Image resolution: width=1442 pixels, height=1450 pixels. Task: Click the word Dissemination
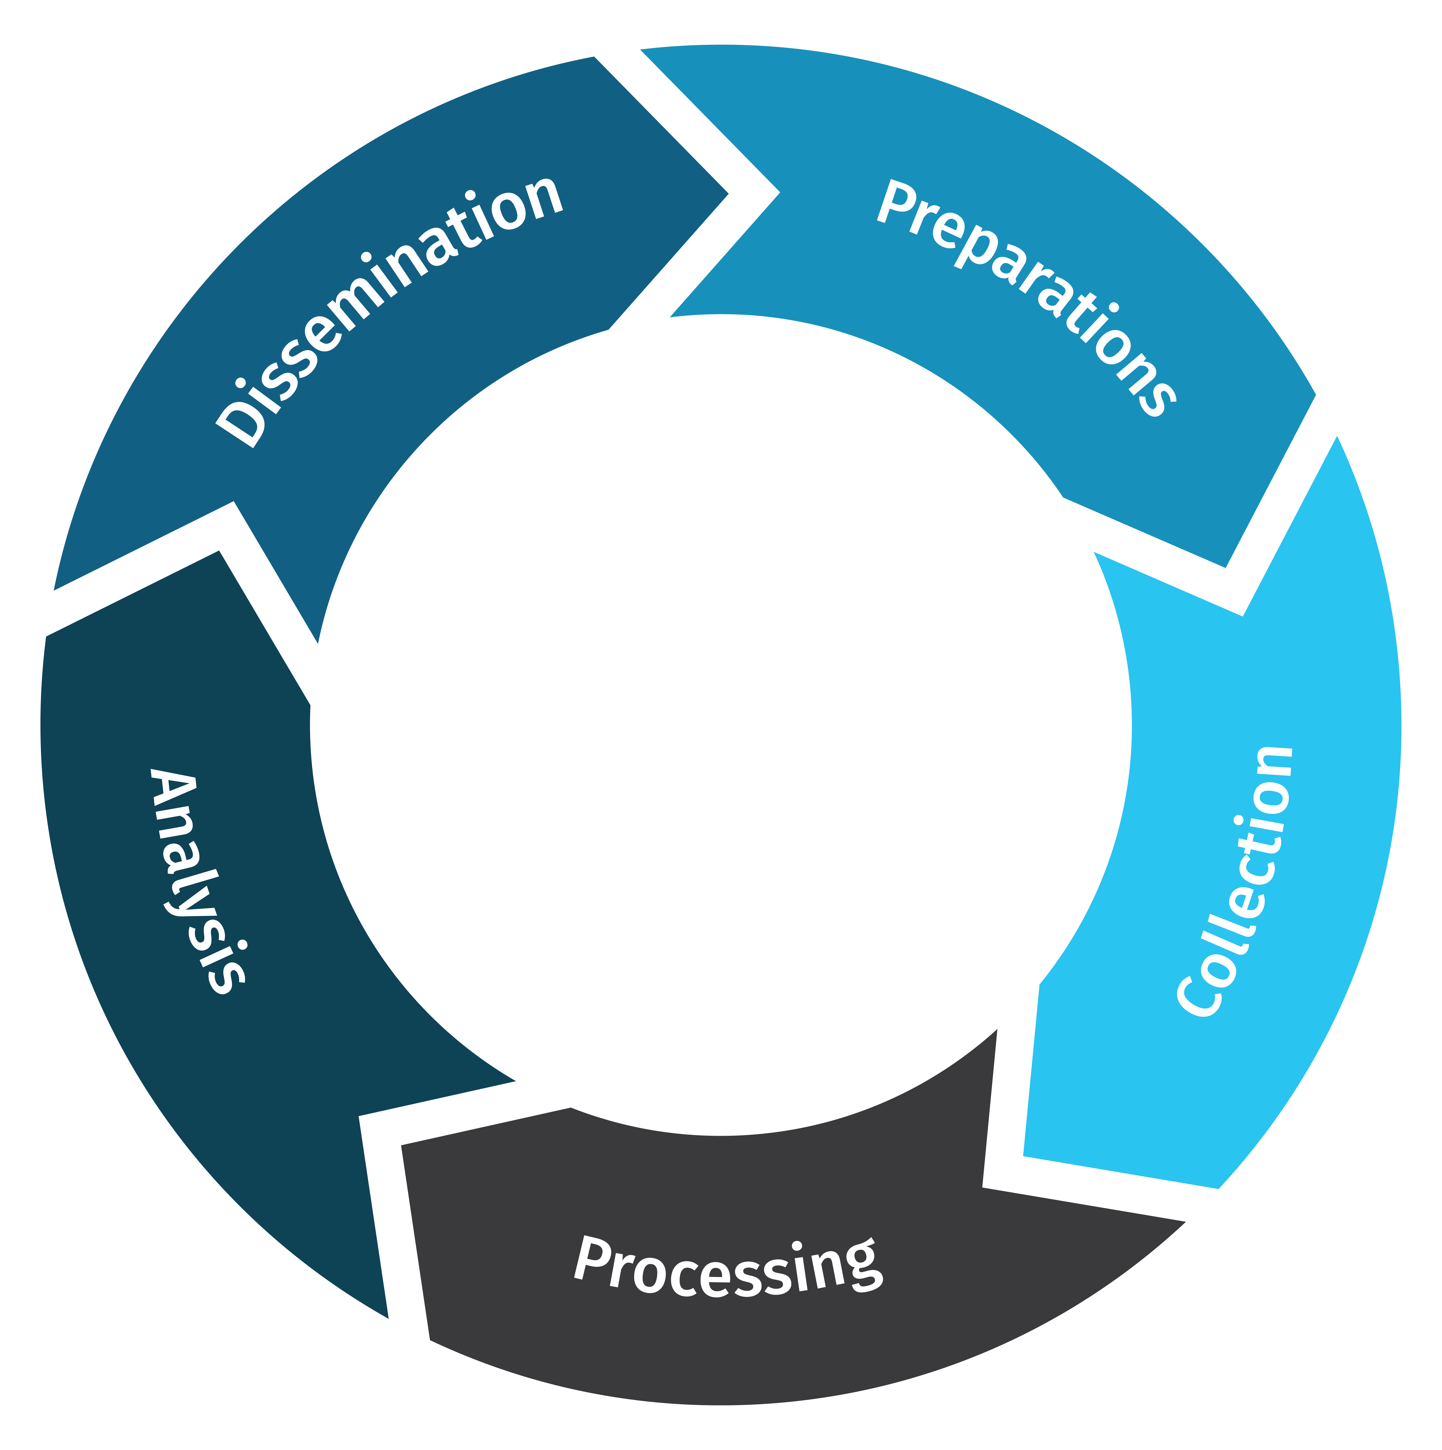coord(390,311)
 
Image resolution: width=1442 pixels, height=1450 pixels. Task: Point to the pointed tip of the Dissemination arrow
coord(727,194)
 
